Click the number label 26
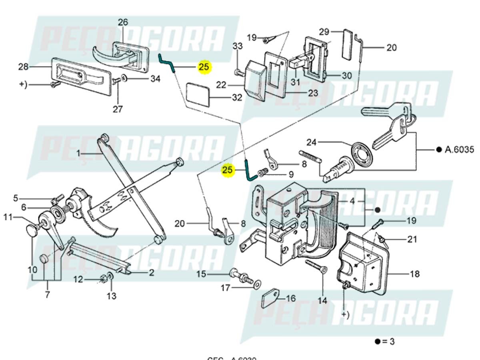tap(123, 22)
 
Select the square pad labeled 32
tap(198, 94)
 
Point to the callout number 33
tap(238, 46)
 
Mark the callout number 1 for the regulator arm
tap(79, 153)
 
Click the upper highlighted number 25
tap(204, 67)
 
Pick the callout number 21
tap(412, 240)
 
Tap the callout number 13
tap(111, 296)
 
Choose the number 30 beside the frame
tap(346, 76)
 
